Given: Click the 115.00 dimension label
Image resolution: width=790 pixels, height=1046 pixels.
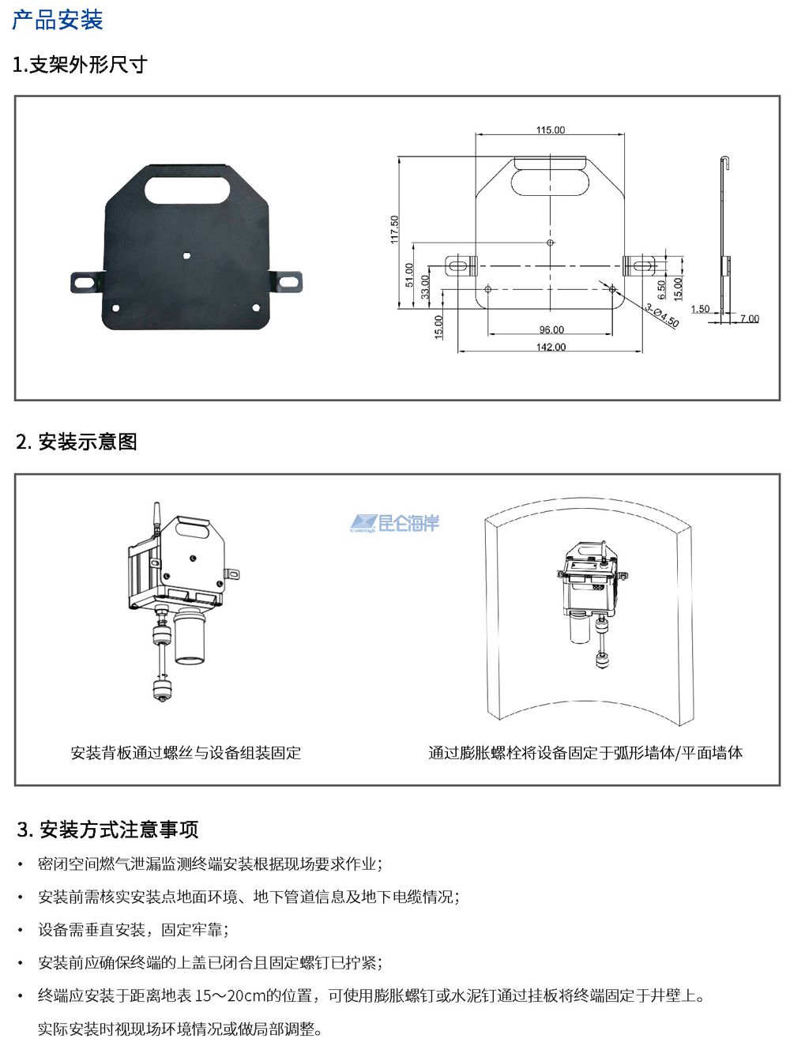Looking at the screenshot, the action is (x=551, y=130).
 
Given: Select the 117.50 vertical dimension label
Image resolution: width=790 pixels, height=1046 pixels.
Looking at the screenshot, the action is (x=394, y=229).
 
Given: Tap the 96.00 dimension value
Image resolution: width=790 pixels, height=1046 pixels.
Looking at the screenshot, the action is (x=551, y=329).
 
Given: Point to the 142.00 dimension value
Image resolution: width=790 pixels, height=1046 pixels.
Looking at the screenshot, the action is (x=551, y=347).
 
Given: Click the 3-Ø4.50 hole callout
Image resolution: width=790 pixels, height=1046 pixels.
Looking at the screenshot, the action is (x=662, y=315).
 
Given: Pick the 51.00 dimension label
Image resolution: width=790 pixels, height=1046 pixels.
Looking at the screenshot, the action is (x=409, y=275).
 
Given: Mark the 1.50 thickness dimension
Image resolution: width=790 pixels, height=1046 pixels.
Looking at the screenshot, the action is (x=700, y=308).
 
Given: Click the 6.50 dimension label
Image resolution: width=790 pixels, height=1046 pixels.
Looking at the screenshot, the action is (x=661, y=289).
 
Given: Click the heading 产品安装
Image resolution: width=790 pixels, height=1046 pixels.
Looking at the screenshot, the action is (x=58, y=20).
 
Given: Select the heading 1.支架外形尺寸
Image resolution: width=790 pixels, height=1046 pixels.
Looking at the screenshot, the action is (x=80, y=64).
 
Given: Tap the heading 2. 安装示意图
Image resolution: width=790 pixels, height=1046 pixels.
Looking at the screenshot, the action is (x=77, y=442).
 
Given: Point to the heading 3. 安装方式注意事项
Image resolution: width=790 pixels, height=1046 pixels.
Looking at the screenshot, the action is (x=107, y=829).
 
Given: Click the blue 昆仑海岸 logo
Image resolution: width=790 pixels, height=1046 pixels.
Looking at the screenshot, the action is (x=394, y=523).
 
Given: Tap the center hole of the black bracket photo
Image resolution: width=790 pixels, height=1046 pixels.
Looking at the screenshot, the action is (x=186, y=256).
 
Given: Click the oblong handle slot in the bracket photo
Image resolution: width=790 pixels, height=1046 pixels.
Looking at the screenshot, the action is (x=187, y=190).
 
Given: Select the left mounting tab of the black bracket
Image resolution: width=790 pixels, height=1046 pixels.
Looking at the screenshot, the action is (x=88, y=282).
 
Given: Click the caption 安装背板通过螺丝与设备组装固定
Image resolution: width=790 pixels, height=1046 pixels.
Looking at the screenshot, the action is (x=186, y=752).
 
